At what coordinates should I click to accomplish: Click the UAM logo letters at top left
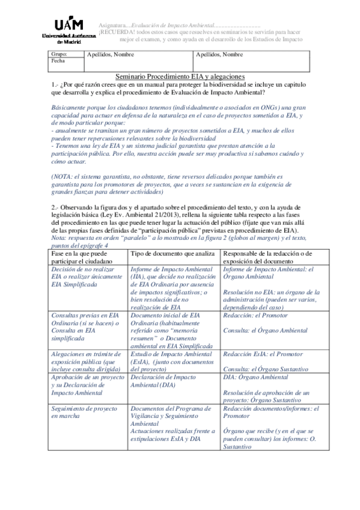(x=68, y=25)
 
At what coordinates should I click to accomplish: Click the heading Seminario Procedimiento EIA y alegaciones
(x=180, y=76)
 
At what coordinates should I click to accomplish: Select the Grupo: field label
(x=59, y=54)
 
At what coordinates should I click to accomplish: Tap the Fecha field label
(x=58, y=61)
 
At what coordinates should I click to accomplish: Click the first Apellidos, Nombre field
(x=111, y=54)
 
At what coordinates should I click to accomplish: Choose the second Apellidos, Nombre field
(x=219, y=54)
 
